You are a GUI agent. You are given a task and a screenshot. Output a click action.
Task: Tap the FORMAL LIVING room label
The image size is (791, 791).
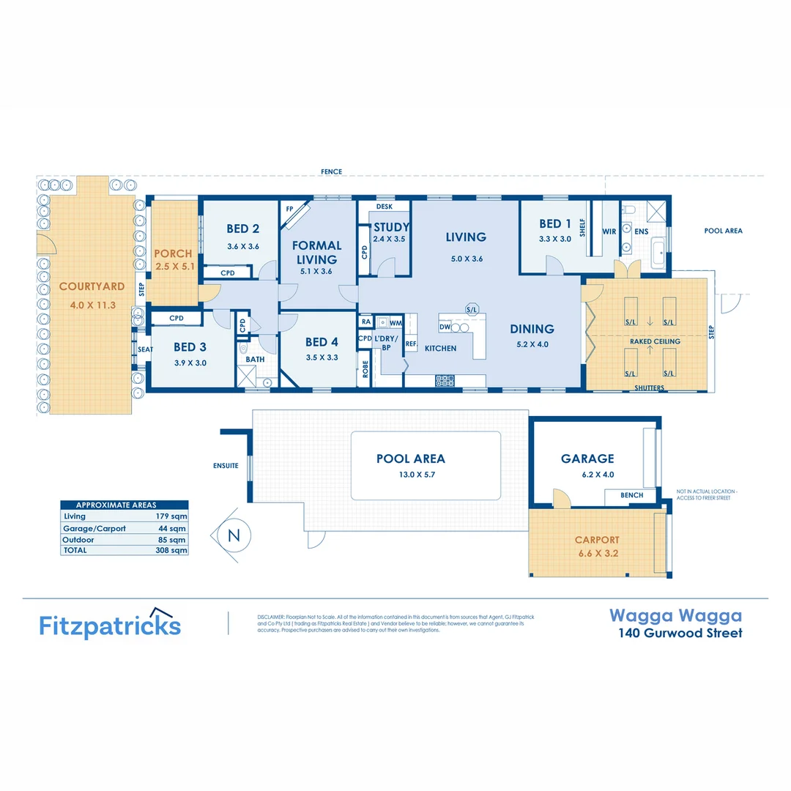[x=316, y=252]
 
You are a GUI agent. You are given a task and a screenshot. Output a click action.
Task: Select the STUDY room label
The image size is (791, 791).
[x=391, y=227]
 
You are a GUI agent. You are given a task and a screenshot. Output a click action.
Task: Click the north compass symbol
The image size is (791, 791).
[x=234, y=535]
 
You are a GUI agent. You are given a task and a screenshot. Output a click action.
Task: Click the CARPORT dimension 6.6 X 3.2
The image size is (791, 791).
[x=597, y=554]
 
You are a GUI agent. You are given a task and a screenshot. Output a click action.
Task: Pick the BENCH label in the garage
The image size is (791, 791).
[x=631, y=495]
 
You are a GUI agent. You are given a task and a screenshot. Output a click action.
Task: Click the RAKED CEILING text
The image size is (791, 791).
[x=655, y=341]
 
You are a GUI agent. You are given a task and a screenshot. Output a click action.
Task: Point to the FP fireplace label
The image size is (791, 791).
[x=290, y=209]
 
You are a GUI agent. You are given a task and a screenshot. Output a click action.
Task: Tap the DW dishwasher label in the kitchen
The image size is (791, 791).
[x=445, y=327]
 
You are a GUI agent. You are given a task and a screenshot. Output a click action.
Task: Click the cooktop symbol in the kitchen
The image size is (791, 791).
[x=445, y=380]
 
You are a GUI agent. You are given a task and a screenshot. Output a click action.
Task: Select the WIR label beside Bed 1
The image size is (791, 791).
[x=609, y=231]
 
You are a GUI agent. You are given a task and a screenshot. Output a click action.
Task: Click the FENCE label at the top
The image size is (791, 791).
[x=331, y=172]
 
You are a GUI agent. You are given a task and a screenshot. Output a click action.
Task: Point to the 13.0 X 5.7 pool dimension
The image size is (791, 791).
[x=410, y=475]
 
